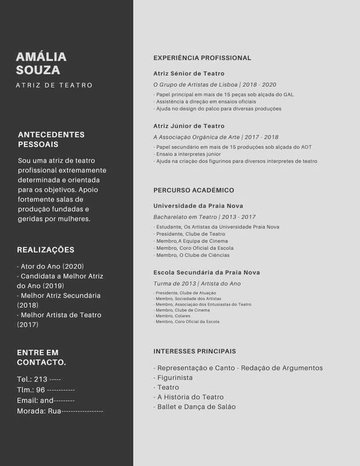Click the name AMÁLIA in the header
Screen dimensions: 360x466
[41, 57]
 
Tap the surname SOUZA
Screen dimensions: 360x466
[38, 70]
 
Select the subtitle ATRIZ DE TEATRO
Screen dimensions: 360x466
[54, 85]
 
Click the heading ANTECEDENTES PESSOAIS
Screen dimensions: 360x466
[51, 139]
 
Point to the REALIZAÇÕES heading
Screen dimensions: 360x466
[46, 250]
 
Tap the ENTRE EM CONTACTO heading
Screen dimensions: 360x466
[41, 357]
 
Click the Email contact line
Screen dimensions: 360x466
[46, 400]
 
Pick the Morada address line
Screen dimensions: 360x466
[60, 411]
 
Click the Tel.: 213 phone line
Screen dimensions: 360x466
[39, 379]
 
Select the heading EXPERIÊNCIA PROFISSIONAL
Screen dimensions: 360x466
[202, 58]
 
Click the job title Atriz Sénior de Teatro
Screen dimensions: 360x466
[189, 73]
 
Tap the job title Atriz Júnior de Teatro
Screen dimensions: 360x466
[189, 126]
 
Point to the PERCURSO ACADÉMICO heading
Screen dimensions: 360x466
[193, 190]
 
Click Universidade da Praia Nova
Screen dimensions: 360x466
[198, 206]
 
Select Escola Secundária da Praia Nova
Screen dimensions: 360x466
[207, 273]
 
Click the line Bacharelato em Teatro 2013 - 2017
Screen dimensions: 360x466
[204, 217]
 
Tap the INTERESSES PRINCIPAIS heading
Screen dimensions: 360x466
[195, 351]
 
